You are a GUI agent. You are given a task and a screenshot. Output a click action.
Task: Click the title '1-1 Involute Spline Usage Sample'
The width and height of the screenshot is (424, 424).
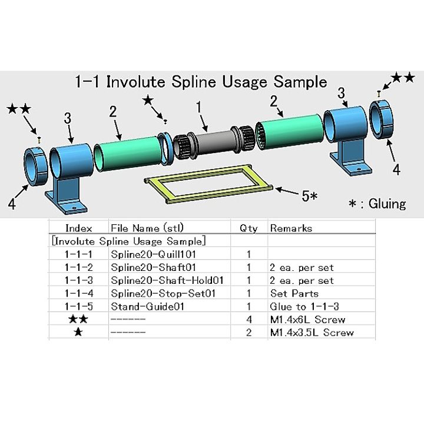pos(201,82)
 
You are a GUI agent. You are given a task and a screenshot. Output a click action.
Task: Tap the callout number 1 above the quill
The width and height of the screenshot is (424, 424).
pos(199,107)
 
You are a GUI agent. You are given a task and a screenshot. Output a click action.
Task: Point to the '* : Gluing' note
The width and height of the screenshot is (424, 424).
pos(377,204)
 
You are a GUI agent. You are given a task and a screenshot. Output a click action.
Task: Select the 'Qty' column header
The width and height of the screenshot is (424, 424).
pos(248,228)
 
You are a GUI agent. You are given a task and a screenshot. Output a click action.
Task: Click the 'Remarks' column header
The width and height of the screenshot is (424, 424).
pos(290,228)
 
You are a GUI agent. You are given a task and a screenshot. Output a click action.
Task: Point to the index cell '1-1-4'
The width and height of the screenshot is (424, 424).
pos(78,293)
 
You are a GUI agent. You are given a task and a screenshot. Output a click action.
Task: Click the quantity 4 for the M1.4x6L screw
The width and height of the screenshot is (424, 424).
pos(249,319)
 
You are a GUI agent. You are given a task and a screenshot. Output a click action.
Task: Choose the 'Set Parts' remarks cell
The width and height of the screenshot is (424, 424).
pos(294,293)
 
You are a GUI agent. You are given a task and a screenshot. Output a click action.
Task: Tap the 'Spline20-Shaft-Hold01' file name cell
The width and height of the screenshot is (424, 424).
pos(169,280)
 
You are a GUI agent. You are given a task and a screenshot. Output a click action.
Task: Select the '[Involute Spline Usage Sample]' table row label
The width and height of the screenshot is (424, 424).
pos(128,241)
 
